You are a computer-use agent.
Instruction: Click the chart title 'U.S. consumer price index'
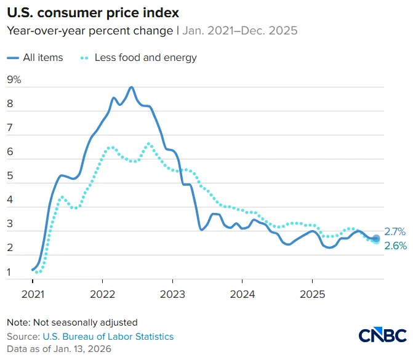coord(93,13)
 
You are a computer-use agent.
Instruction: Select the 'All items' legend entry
coord(35,57)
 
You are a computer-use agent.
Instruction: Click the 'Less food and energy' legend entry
coord(138,58)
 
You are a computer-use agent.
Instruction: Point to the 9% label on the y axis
coord(14,79)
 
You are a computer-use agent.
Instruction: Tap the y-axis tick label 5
coord(10,175)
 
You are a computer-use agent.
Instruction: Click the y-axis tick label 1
coord(9,272)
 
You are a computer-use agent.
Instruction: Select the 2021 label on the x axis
coord(33,294)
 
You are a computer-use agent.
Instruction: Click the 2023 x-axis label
coord(172,294)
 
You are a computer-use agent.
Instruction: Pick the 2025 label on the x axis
coord(313,294)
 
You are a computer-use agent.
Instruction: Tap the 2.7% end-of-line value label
coord(395,232)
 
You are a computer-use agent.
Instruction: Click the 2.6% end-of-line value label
coord(396,246)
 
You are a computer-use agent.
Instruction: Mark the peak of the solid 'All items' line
coord(132,87)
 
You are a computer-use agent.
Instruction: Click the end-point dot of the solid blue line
coord(376,238)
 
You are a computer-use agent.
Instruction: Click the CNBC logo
coord(382,335)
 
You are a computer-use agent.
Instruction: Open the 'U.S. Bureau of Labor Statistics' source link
coord(108,337)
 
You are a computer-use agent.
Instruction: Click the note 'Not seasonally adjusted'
coord(86,322)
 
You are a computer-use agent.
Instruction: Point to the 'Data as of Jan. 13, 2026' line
coord(59,349)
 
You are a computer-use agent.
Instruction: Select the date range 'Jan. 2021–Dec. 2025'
coord(240,31)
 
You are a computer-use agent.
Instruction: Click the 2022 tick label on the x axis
coord(102,294)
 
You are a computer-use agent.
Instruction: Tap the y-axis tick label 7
coord(10,128)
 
